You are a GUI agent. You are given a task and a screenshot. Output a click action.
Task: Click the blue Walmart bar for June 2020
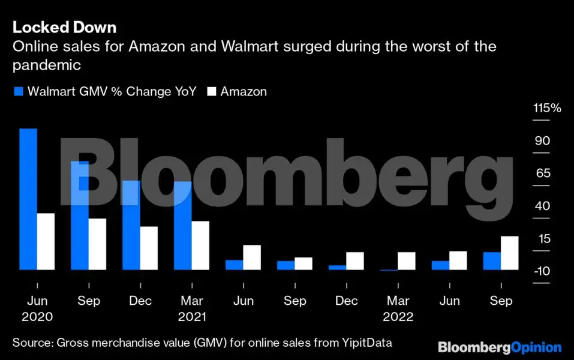coord(28,199)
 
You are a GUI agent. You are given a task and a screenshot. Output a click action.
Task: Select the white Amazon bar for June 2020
coord(46,242)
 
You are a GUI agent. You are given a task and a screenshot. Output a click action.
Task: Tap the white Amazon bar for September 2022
coord(510,253)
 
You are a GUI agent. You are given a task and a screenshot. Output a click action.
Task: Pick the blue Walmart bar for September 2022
coord(492,261)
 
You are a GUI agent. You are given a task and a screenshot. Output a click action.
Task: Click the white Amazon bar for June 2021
coord(252,257)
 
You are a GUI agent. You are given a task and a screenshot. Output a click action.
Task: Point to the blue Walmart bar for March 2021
coord(183,226)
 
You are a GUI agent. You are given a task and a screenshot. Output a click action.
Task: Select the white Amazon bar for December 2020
coord(149,248)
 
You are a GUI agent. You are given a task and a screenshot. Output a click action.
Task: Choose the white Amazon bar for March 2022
coord(406,261)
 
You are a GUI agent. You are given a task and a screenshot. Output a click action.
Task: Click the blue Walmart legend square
coord(19,91)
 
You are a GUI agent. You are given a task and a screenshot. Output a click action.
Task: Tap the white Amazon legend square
coord(212,91)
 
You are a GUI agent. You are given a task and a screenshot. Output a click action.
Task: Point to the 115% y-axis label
coord(547,107)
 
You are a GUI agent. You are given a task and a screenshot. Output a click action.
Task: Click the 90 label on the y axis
coord(542,140)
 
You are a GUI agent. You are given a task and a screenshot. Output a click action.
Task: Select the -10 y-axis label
coord(542,271)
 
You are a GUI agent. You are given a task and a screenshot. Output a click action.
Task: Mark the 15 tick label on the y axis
coord(545,239)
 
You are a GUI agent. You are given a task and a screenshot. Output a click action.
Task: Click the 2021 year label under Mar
coord(192,316)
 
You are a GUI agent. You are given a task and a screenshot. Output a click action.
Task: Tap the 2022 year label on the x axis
coord(398,316)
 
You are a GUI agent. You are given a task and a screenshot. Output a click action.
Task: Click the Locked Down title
coord(64,28)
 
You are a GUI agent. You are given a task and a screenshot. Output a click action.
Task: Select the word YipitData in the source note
coord(367,343)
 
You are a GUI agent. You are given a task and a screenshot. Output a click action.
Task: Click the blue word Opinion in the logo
coord(536,347)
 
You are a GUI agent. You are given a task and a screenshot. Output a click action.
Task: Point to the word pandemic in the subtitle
coord(47,65)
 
